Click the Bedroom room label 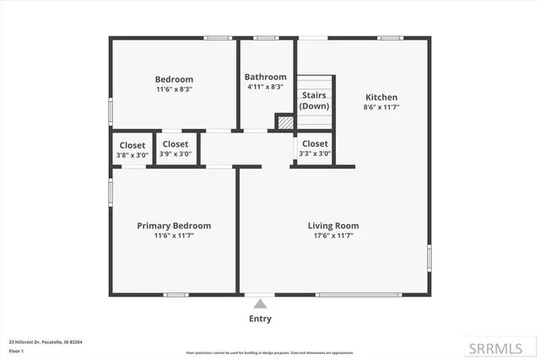point(174,79)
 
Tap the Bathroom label point(265,77)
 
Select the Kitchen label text point(381,97)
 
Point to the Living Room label point(333,225)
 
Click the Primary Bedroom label point(174,225)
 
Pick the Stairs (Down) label point(315,100)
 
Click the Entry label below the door point(260,319)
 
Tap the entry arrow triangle point(260,304)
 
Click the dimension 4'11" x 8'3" point(265,87)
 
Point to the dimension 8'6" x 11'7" point(381,107)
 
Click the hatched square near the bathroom point(285,122)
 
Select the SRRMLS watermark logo point(504,347)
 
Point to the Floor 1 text point(16,350)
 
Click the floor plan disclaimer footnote point(270,352)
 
